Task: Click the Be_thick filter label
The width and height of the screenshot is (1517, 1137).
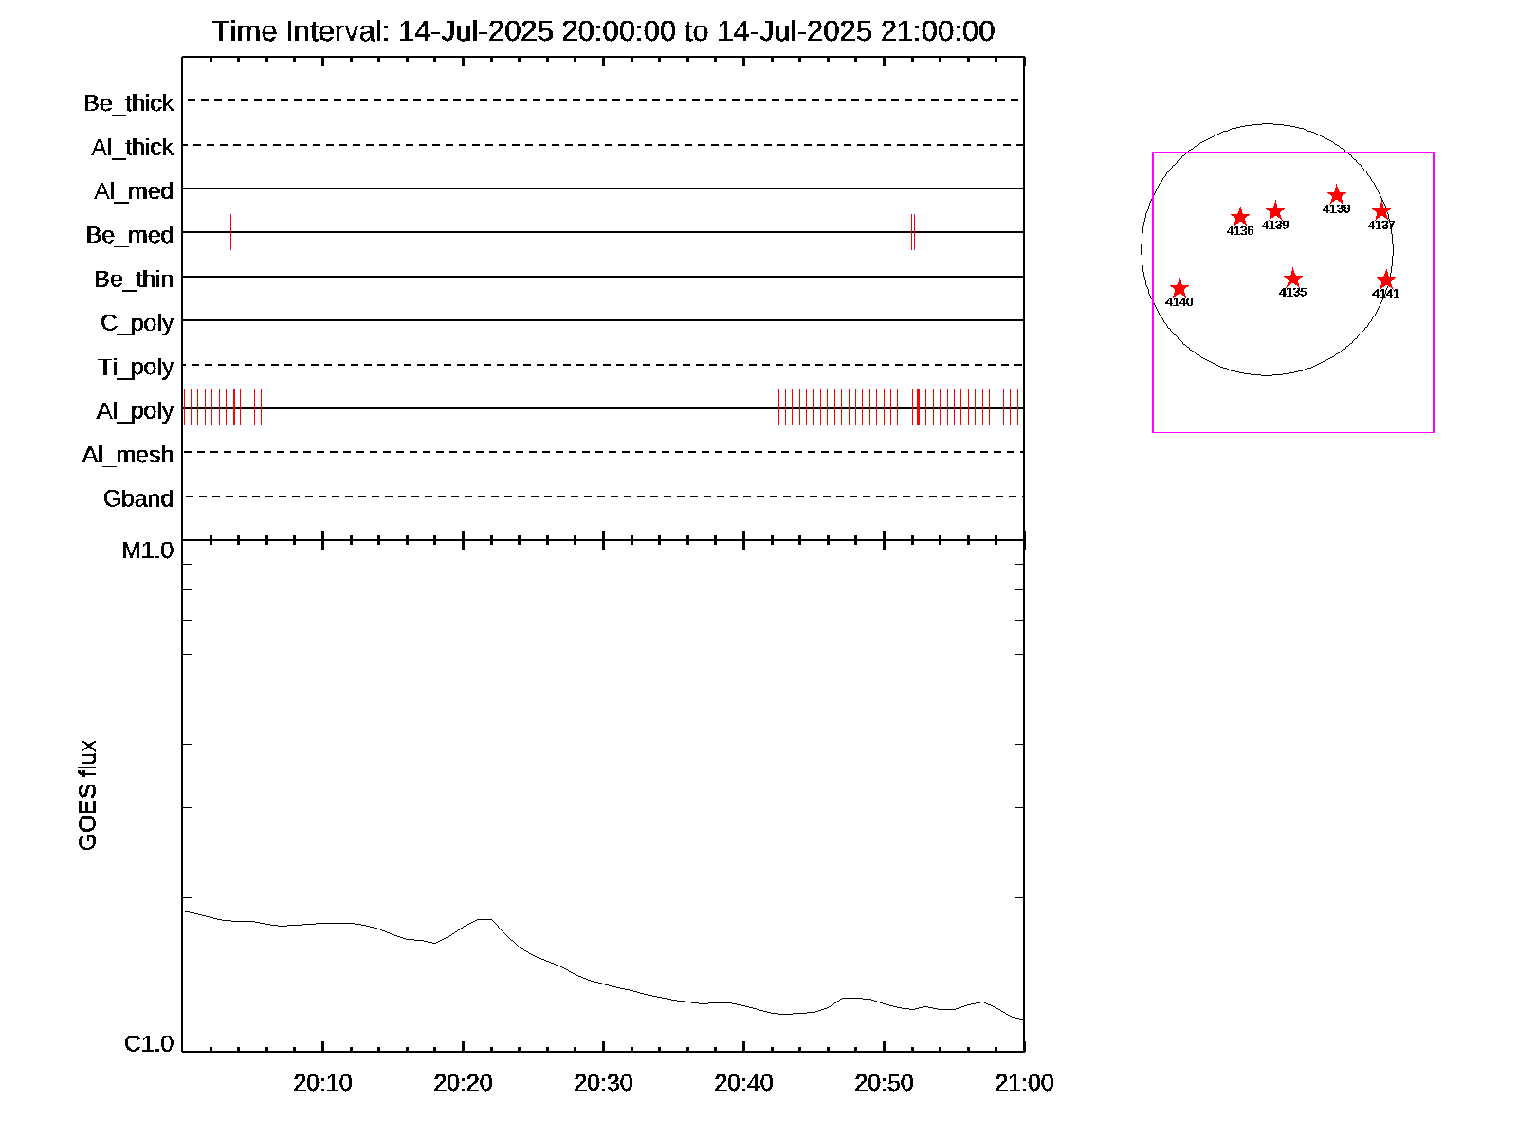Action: pyautogui.click(x=129, y=102)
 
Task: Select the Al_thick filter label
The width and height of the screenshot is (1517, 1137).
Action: pyautogui.click(x=133, y=147)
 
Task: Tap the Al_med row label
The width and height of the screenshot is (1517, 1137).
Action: pyautogui.click(x=134, y=190)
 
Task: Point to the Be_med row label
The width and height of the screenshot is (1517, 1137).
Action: pyautogui.click(x=130, y=234)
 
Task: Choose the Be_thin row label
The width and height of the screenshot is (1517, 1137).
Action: pyautogui.click(x=134, y=279)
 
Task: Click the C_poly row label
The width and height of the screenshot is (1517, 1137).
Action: pyautogui.click(x=137, y=323)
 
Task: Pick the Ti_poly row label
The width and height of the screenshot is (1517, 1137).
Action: pyautogui.click(x=136, y=367)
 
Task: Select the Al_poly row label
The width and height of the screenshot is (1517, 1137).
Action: pyautogui.click(x=135, y=410)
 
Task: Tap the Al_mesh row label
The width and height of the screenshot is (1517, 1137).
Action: pyautogui.click(x=128, y=455)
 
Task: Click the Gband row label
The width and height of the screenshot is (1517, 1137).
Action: pyautogui.click(x=138, y=498)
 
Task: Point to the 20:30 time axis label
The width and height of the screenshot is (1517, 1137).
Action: pyautogui.click(x=603, y=1082)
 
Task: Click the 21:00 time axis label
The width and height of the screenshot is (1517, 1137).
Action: pyautogui.click(x=1024, y=1082)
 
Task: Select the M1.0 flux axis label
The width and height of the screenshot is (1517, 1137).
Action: pyautogui.click(x=148, y=550)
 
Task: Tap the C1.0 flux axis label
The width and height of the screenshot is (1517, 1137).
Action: pyautogui.click(x=149, y=1043)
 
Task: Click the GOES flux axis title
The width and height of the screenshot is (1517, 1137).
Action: pyautogui.click(x=87, y=796)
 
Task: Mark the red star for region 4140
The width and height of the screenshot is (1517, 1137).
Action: pyautogui.click(x=1179, y=288)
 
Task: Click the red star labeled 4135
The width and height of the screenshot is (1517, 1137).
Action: pyautogui.click(x=1292, y=279)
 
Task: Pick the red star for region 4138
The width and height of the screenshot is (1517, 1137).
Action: pyautogui.click(x=1336, y=195)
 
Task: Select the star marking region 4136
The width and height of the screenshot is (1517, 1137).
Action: pyautogui.click(x=1239, y=217)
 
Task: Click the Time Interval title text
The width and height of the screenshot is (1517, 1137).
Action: pyautogui.click(x=603, y=31)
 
